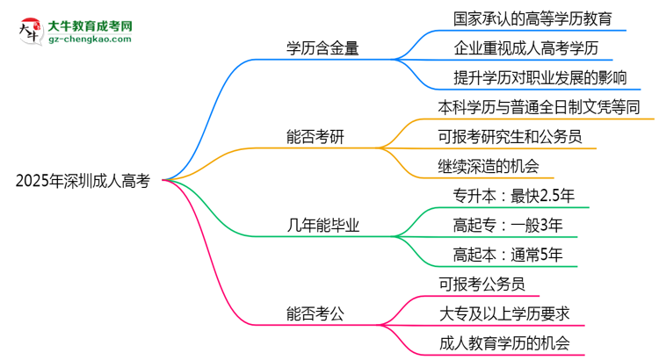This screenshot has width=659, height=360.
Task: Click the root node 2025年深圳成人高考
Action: coord(83,182)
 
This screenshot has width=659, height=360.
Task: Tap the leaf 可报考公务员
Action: coord(482,284)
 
